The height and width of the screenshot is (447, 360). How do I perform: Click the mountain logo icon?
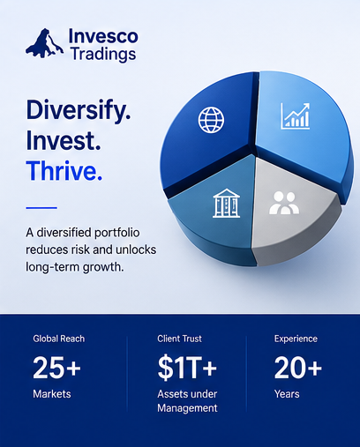tap(44, 43)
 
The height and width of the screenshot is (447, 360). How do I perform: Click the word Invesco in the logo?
tap(103, 36)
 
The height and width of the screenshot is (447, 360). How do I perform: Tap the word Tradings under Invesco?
tap(103, 55)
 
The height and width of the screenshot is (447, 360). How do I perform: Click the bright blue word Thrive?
tap(64, 170)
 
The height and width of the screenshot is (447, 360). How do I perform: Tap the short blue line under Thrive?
tap(41, 208)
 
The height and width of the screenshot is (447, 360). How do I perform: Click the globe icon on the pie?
tap(211, 120)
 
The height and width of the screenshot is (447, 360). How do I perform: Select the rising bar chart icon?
tap(295, 116)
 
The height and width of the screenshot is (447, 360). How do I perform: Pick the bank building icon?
tap(226, 203)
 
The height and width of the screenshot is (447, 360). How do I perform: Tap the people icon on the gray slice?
tap(284, 203)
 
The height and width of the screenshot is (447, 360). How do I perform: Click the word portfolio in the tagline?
tap(117, 233)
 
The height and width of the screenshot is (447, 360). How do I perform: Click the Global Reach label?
tap(59, 339)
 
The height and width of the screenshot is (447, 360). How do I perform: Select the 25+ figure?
tap(56, 368)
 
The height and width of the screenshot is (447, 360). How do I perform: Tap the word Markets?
tap(52, 394)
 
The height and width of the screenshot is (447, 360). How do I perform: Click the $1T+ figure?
tap(187, 368)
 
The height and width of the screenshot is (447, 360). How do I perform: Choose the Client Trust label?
tap(179, 339)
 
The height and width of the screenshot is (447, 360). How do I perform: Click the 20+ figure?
tap(298, 368)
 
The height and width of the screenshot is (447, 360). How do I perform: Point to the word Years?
tap(287, 394)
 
